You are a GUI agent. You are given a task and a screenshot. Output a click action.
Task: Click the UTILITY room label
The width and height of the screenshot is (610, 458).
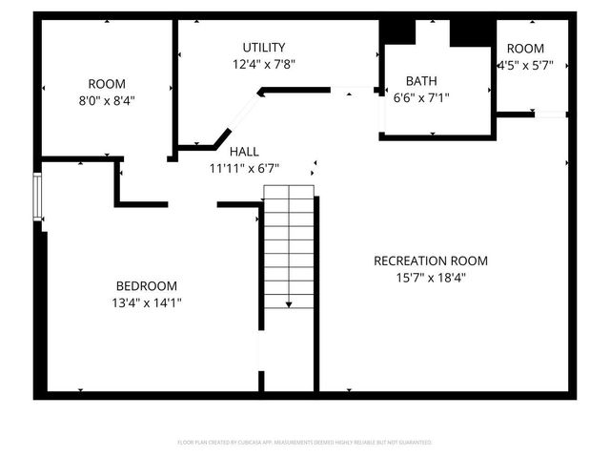click(x=263, y=48)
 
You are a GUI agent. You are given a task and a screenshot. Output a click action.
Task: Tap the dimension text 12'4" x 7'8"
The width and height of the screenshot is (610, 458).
click(x=263, y=65)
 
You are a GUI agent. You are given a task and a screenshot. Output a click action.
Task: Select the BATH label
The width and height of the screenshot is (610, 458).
click(x=421, y=81)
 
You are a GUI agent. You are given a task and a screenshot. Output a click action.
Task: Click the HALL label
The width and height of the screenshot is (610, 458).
click(x=244, y=152)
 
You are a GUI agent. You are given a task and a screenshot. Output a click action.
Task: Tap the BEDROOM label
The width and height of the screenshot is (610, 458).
click(x=146, y=286)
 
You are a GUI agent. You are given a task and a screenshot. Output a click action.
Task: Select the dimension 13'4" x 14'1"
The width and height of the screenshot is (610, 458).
click(x=146, y=303)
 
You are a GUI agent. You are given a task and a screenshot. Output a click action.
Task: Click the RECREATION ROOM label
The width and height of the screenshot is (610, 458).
click(x=431, y=260)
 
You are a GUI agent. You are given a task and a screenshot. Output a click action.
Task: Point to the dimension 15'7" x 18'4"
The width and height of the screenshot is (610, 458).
click(x=431, y=278)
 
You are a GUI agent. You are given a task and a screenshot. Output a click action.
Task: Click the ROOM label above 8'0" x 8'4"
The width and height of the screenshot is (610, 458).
click(x=106, y=84)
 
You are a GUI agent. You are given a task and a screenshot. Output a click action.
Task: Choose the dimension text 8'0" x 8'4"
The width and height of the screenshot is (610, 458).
click(x=106, y=100)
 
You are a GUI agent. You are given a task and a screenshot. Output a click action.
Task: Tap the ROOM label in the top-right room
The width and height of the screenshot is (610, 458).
click(x=525, y=49)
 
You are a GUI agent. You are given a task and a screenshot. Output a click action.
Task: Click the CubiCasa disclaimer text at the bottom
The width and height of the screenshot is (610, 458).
click(x=305, y=443)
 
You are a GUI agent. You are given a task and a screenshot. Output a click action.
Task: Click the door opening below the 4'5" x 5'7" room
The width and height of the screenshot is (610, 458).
click(x=550, y=114)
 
